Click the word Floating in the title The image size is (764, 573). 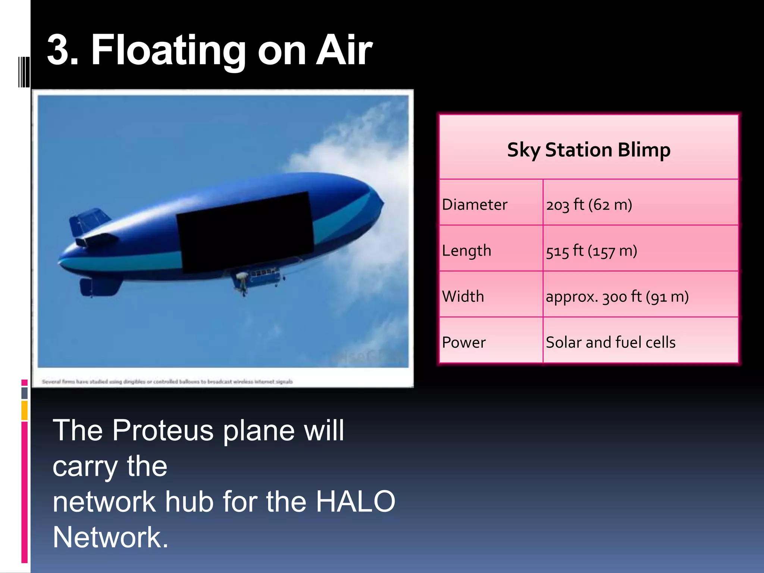click(x=168, y=50)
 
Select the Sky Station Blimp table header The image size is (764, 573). click(x=588, y=150)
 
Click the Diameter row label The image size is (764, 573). click(x=475, y=204)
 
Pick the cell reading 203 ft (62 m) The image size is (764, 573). click(x=589, y=204)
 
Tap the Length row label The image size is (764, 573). click(x=466, y=250)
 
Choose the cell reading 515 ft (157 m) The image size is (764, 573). click(x=591, y=250)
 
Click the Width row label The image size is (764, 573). click(x=463, y=296)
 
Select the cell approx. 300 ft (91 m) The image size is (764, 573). click(x=617, y=296)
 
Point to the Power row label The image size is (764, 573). click(x=464, y=342)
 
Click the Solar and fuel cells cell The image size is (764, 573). click(x=610, y=342)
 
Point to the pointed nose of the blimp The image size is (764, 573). click(x=381, y=203)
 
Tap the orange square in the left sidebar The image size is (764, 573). click(x=24, y=410)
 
